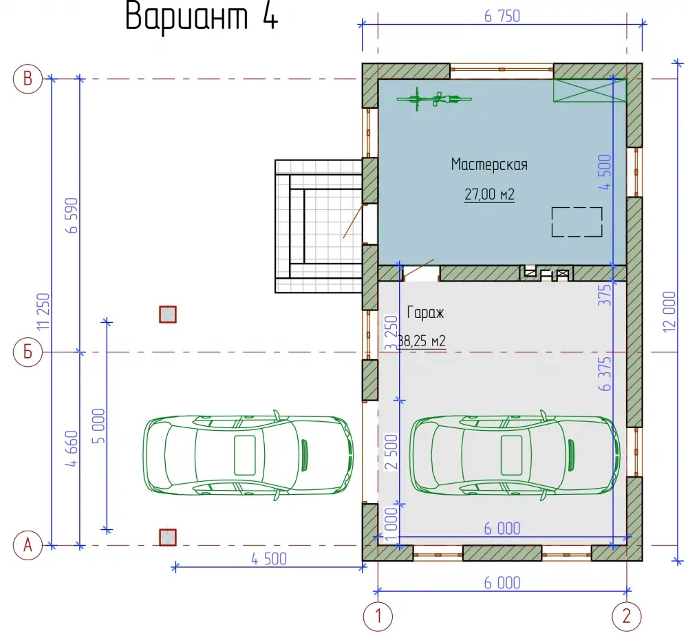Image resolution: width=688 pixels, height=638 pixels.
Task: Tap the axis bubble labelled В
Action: [28, 79]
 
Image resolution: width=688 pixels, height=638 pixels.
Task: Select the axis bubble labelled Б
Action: [28, 352]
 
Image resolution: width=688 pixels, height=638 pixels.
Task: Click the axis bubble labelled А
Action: [28, 545]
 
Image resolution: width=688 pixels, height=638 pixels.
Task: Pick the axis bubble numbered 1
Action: [378, 617]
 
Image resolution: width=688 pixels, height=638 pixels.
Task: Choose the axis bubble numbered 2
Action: [627, 617]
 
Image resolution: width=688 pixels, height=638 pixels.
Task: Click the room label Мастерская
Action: [489, 164]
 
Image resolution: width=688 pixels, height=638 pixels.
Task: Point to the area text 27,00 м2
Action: [489, 194]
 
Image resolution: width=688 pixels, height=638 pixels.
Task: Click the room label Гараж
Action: [425, 313]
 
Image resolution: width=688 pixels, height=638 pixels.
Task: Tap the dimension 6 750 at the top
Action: [502, 17]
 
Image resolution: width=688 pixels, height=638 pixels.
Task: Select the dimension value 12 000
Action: [669, 312]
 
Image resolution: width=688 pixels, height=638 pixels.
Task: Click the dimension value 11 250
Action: [44, 312]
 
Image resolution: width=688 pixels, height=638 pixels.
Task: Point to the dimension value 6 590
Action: [72, 215]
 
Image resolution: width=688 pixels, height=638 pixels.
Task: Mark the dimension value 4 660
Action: [72, 449]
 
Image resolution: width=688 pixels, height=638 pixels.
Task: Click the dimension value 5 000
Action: [98, 426]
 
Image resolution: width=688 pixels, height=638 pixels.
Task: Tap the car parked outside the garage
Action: [248, 455]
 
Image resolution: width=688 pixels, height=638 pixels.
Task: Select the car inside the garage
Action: [515, 455]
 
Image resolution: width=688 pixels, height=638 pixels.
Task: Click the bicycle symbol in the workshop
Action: [434, 99]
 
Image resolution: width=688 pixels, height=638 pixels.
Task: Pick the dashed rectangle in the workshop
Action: [577, 222]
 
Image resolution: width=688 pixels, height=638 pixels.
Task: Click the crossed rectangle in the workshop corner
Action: [590, 90]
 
